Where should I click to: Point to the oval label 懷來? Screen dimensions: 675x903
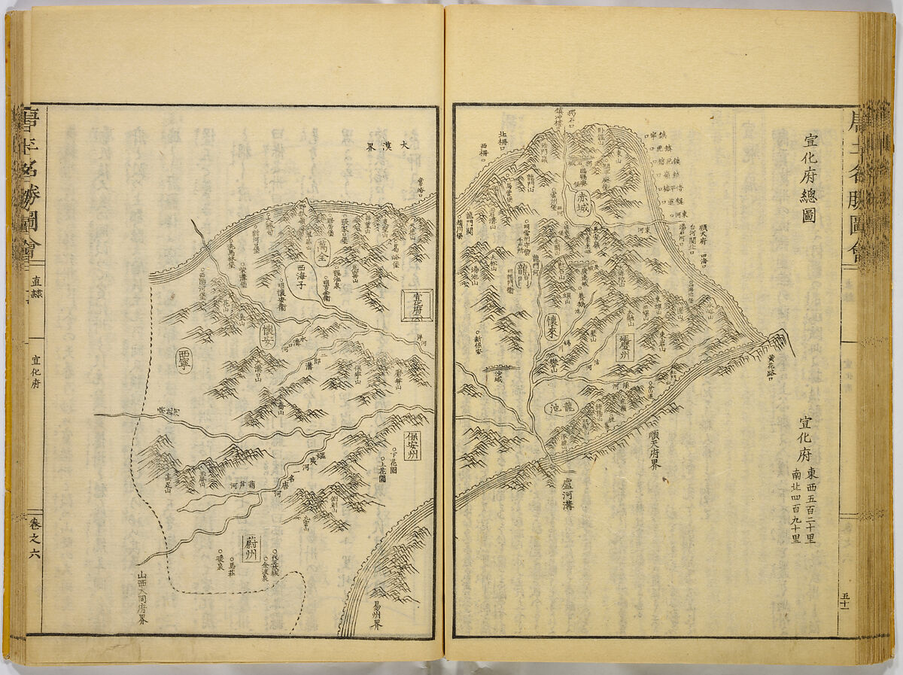(552, 325)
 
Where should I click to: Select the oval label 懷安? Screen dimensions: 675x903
(268, 336)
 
